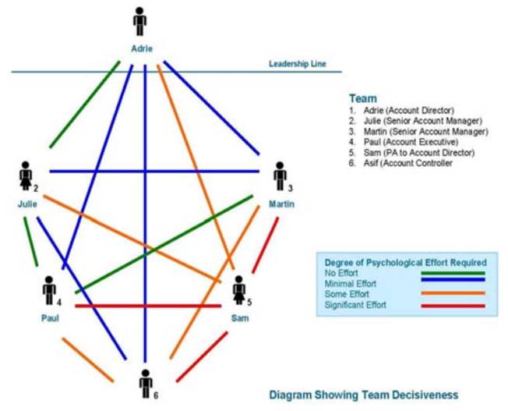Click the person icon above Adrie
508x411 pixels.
coord(140,21)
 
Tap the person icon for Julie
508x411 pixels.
coord(26,176)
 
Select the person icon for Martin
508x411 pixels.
coord(280,176)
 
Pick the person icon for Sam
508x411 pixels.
coord(239,290)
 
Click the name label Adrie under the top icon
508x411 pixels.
coord(141,48)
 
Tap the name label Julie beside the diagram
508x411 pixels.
coord(26,204)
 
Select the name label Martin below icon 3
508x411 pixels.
coord(281,204)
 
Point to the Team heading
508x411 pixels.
coord(362,99)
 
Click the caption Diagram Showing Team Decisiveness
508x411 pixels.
coord(363,395)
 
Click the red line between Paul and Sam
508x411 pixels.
coord(148,305)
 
